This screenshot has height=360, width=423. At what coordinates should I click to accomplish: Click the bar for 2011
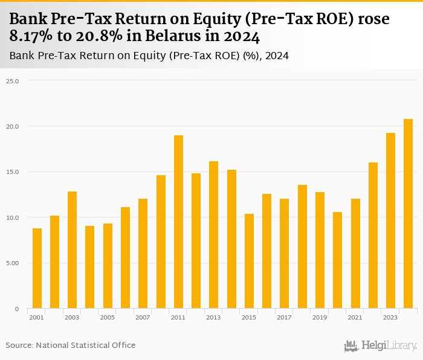[x=178, y=222]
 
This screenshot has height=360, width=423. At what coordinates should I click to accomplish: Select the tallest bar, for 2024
[x=408, y=214]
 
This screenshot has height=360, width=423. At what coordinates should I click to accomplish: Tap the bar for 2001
[x=37, y=268]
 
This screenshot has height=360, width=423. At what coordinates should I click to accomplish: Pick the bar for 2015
[x=249, y=261]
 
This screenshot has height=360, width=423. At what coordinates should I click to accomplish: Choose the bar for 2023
[x=390, y=220]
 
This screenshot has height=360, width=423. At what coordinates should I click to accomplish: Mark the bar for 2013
[x=214, y=235]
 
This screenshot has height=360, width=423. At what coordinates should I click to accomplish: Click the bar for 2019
[x=320, y=250]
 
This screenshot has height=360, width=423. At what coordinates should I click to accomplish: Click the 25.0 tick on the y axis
[x=13, y=80]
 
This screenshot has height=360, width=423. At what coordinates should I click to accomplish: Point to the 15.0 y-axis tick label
[x=13, y=172]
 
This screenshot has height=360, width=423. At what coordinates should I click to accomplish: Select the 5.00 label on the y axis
[x=13, y=263]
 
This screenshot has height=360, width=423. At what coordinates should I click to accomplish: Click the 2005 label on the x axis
[x=108, y=317]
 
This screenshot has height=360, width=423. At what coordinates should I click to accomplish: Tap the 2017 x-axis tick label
[x=284, y=317]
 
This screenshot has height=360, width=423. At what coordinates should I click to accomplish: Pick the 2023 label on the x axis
[x=390, y=317]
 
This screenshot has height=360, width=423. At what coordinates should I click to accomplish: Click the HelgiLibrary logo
[x=380, y=346]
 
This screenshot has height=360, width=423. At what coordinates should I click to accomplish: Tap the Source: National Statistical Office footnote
[x=71, y=345]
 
